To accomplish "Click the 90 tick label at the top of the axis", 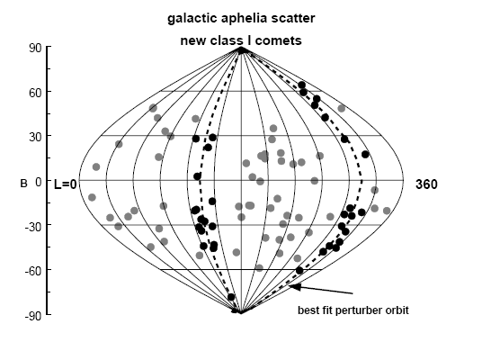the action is coord(35,48).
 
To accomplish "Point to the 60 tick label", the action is coord(35,93).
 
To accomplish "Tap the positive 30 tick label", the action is coord(35,137).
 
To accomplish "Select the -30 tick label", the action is coord(33,227).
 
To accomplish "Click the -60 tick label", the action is coord(33,271).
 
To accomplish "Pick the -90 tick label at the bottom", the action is coord(33,316).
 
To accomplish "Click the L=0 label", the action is coord(65,184).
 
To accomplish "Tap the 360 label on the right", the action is coord(426,184).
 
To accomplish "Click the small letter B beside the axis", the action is coord(23,184).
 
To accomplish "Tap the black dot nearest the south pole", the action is coord(231,297).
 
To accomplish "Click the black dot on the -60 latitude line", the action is coord(299,271).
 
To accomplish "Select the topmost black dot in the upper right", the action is coord(301,85).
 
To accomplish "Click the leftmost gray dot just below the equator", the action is coord(92,197).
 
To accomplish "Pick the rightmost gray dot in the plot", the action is coord(387,211).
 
